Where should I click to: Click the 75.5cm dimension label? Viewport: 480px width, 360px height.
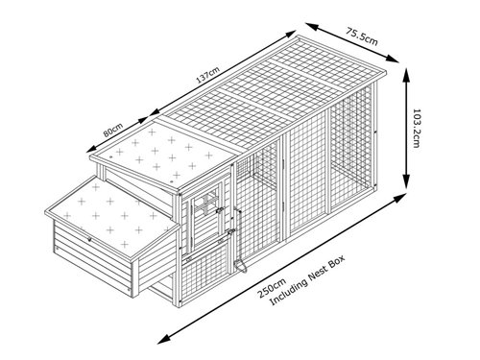[362, 36]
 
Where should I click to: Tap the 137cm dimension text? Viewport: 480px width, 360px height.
[208, 76]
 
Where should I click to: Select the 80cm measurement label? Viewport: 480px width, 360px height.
[113, 130]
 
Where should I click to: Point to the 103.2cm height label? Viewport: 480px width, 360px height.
[417, 129]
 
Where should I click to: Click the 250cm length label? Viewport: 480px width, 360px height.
[272, 288]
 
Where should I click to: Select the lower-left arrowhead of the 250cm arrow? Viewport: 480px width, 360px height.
[162, 340]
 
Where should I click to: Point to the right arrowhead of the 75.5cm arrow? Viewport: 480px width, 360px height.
[394, 59]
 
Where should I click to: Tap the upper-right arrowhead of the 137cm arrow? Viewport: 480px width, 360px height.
[291, 33]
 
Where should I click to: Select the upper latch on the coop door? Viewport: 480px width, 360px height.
[219, 211]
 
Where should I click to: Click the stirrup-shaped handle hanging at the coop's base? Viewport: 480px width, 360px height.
[240, 266]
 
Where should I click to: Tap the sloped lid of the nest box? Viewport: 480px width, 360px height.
[112, 218]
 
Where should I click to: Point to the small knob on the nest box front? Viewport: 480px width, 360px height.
[89, 239]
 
